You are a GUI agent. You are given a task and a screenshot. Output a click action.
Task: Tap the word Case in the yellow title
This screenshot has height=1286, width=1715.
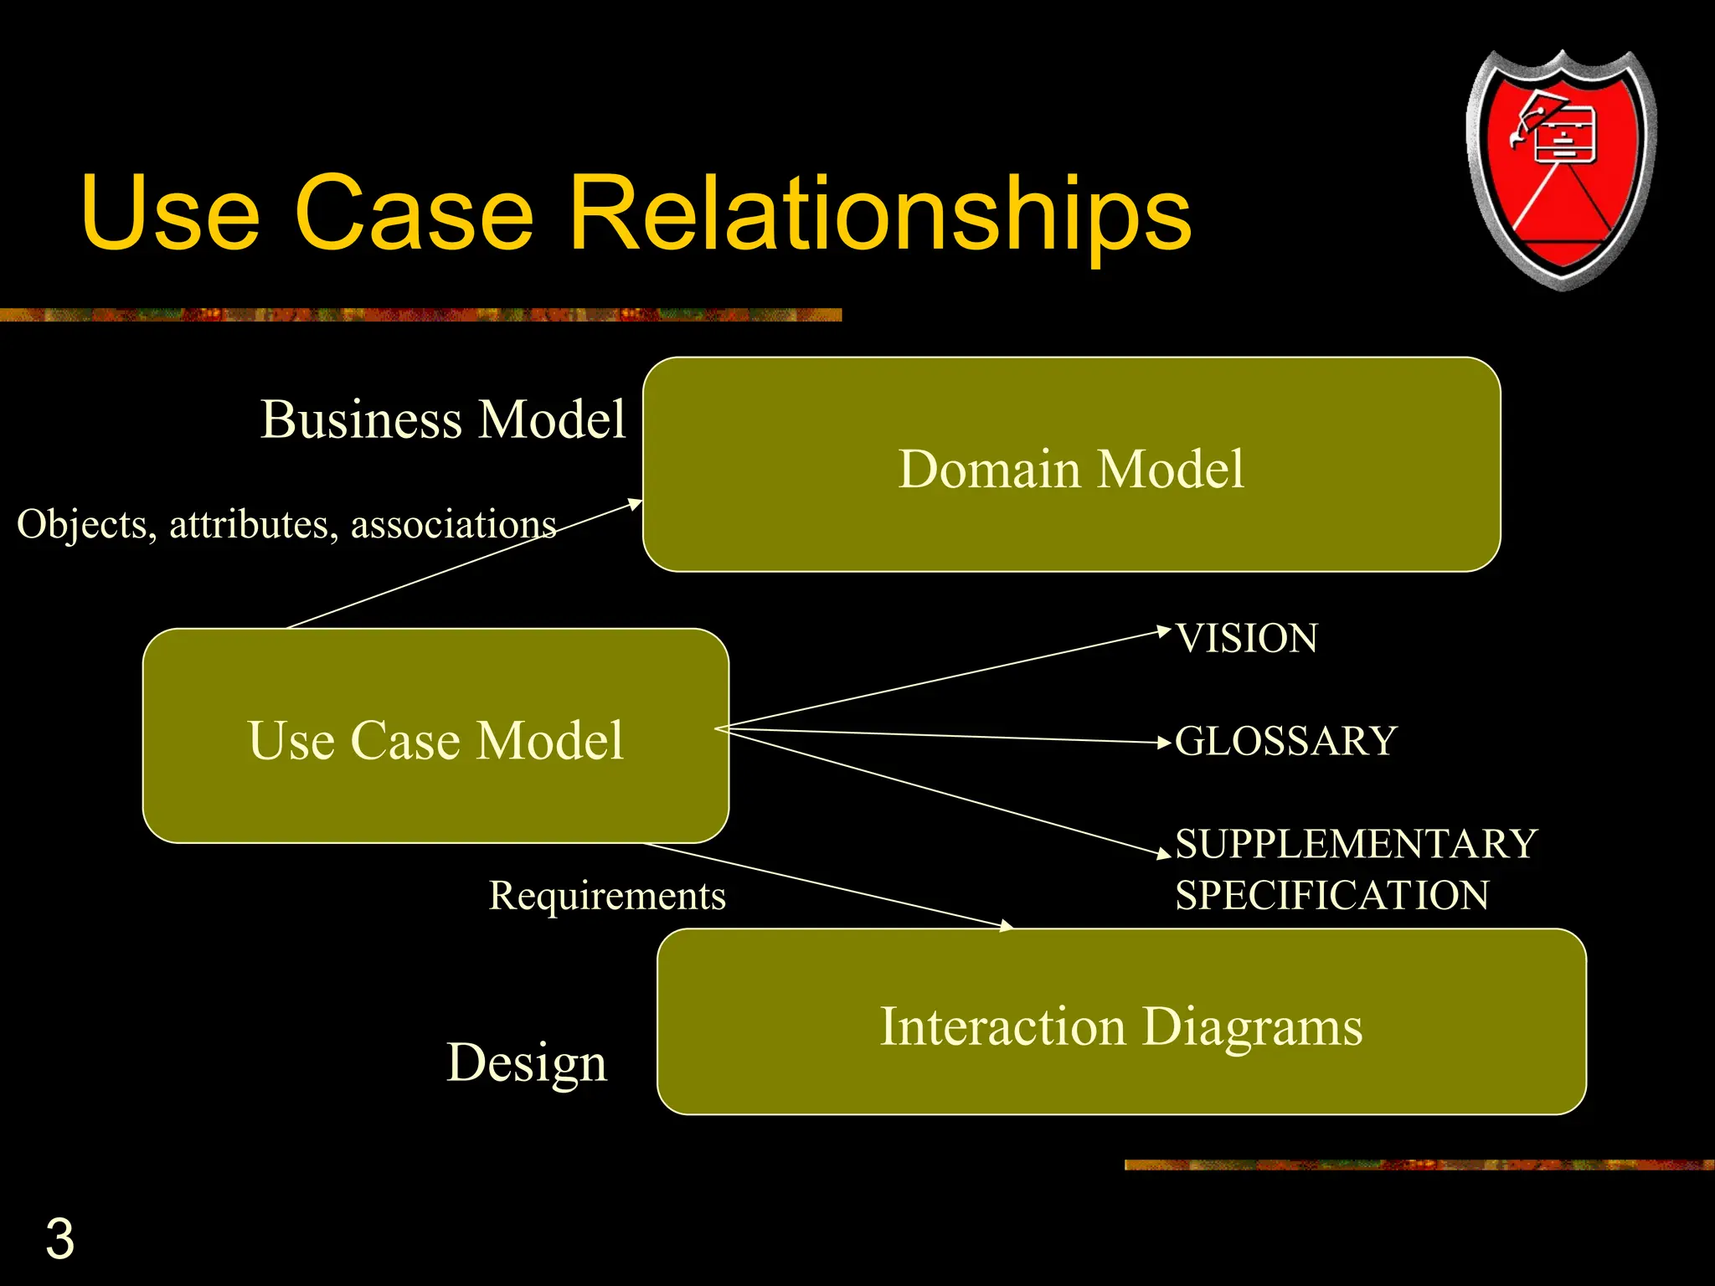click(415, 213)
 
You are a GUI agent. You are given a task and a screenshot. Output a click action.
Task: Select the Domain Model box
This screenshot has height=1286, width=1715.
click(1071, 466)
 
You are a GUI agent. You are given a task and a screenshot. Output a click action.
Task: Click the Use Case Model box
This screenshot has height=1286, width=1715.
click(435, 737)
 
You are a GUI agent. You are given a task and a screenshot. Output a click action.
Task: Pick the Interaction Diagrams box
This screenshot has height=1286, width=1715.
click(1121, 1023)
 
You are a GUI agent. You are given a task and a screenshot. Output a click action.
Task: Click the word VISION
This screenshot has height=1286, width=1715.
click(1246, 639)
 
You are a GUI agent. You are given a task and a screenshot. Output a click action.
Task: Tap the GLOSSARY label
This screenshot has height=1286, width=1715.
click(1285, 742)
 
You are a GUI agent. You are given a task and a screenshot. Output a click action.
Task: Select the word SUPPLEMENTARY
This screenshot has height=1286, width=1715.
click(1356, 844)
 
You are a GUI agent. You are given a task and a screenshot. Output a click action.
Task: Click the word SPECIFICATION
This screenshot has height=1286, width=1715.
click(1331, 896)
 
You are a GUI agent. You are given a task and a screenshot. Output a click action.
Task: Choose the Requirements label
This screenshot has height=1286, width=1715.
click(607, 896)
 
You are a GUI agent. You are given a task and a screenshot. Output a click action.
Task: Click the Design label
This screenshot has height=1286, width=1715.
click(527, 1062)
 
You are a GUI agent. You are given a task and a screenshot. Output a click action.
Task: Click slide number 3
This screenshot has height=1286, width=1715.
click(59, 1239)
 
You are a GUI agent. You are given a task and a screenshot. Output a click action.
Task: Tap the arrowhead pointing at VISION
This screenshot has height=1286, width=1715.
click(1163, 630)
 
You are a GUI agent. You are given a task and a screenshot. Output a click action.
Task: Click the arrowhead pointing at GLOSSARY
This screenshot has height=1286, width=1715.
click(1163, 742)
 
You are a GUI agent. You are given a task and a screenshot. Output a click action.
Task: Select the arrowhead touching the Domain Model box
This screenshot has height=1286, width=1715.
click(635, 503)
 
